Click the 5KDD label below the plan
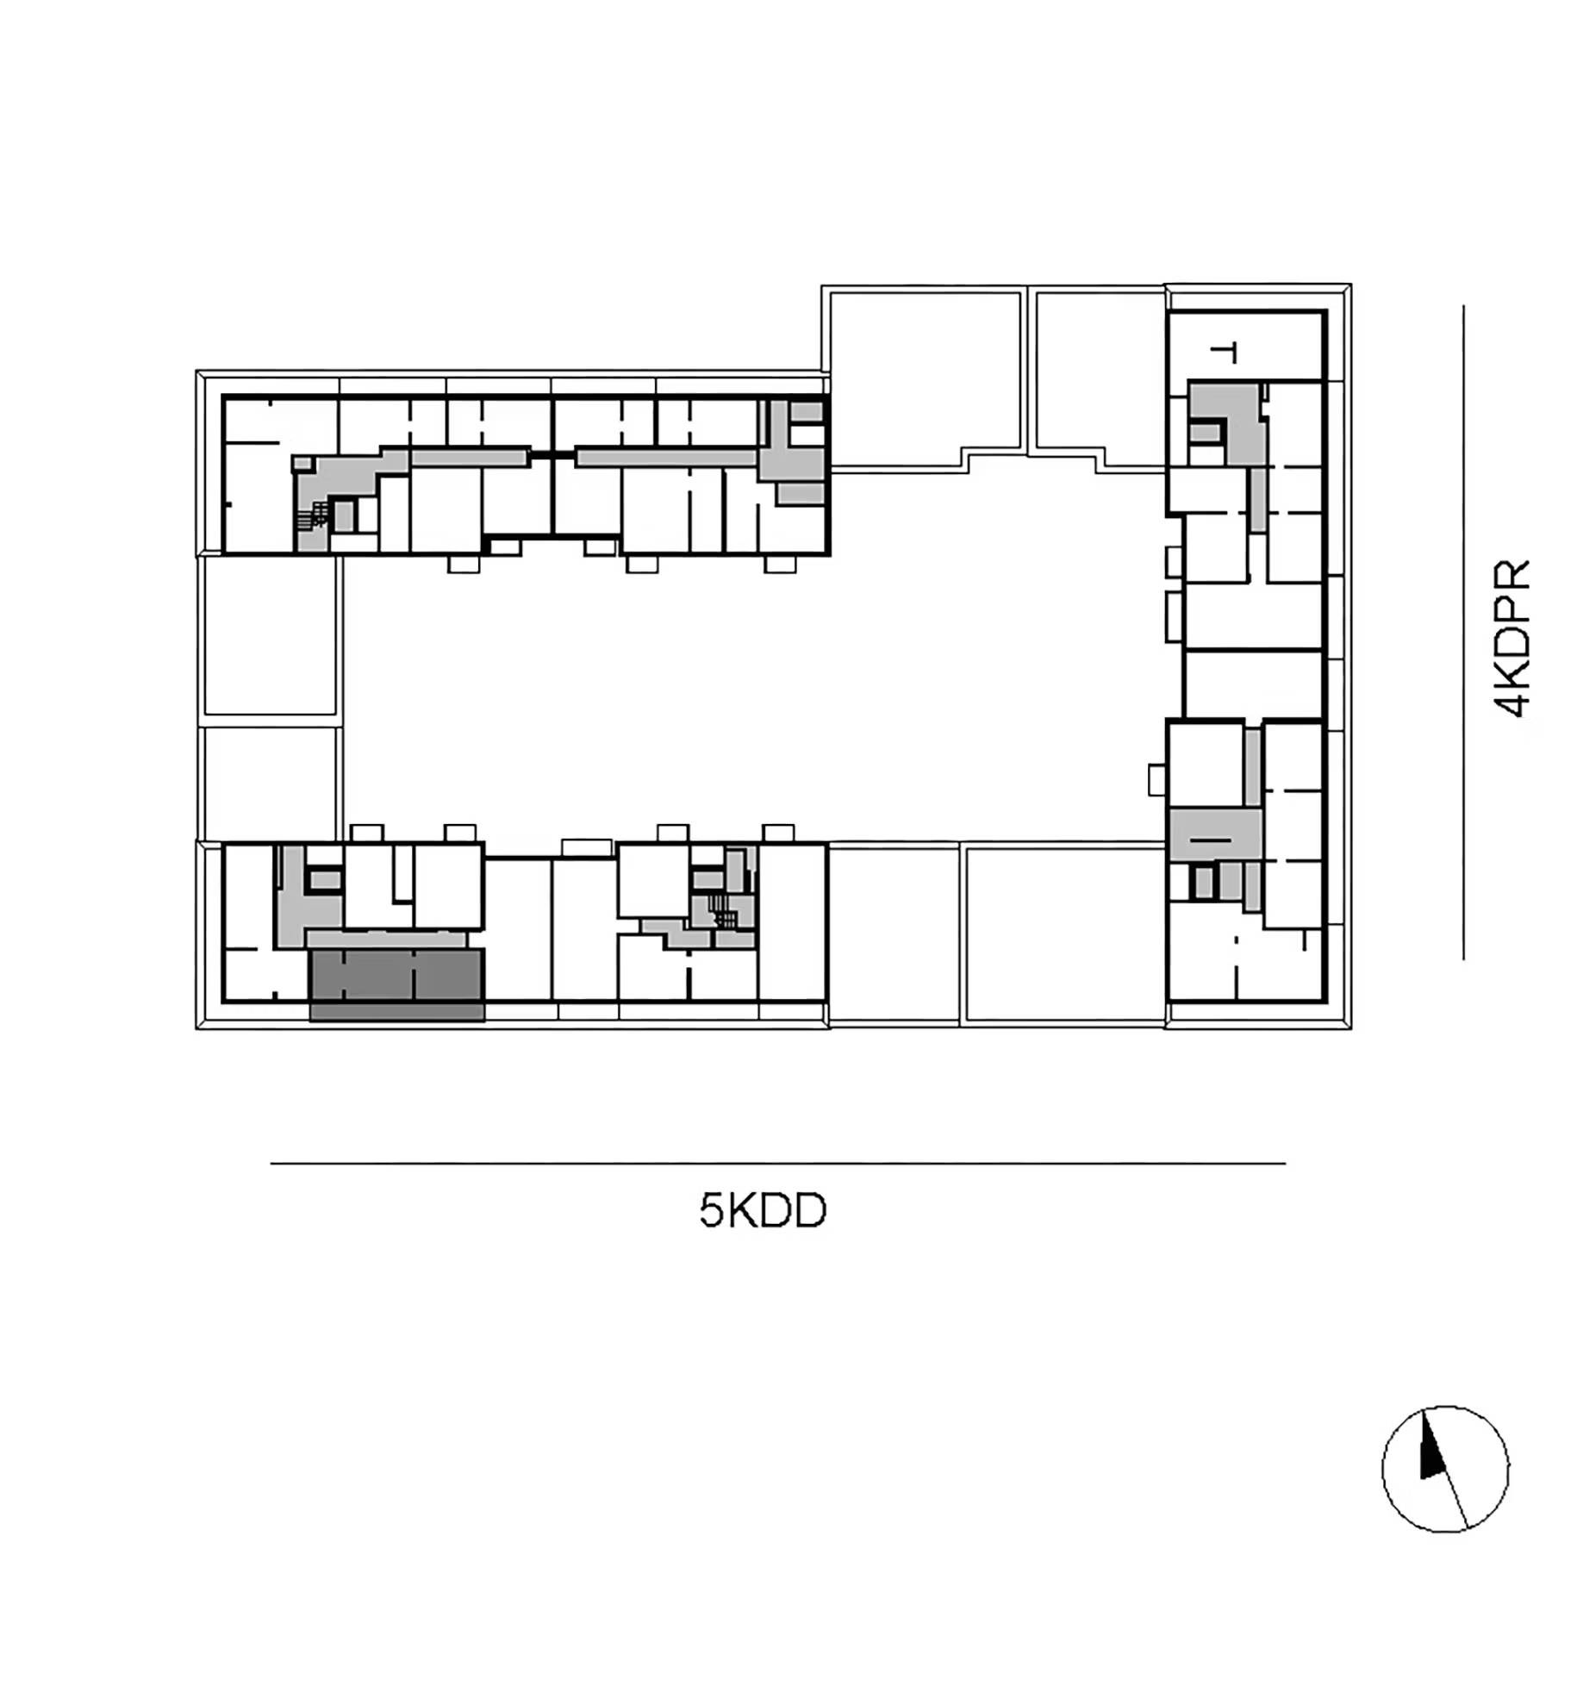pyautogui.click(x=763, y=1210)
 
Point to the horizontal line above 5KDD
pyautogui.click(x=777, y=1163)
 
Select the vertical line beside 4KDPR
pyautogui.click(x=1462, y=632)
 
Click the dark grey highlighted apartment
pyautogui.click(x=396, y=984)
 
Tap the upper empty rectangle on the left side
pyautogui.click(x=270, y=636)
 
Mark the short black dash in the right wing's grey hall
pyautogui.click(x=1210, y=839)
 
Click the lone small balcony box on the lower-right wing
pyautogui.click(x=1156, y=780)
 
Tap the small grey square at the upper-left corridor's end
pyautogui.click(x=302, y=464)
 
